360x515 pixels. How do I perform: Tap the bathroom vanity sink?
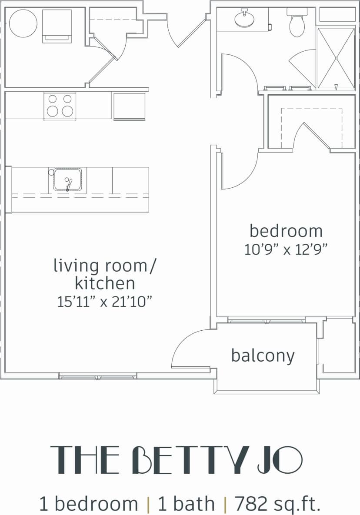click(244, 19)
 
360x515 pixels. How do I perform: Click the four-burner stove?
click(60, 106)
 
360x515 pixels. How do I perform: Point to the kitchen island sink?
click(67, 179)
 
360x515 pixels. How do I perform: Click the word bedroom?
click(286, 231)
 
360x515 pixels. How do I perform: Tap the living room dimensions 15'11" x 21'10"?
click(105, 301)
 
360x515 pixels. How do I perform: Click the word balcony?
click(263, 356)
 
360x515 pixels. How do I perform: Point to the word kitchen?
click(105, 283)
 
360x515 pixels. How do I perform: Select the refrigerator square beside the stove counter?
click(129, 106)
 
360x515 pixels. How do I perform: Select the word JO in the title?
click(280, 460)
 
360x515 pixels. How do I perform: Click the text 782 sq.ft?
click(277, 504)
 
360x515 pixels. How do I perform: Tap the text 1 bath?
click(186, 504)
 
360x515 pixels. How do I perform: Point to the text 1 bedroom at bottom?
click(89, 504)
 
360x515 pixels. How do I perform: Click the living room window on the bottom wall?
click(98, 376)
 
